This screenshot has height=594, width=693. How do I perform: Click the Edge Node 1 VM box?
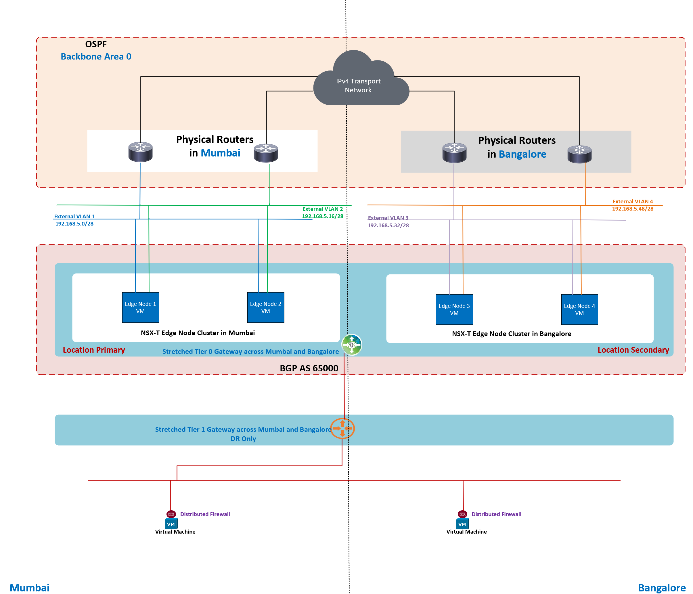coord(141,307)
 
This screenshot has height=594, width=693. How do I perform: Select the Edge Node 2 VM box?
coord(266,307)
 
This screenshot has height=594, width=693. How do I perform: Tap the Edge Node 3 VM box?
coord(454,309)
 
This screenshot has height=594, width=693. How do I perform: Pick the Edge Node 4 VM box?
coord(579,309)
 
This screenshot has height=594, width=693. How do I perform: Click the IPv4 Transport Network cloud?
coord(359,85)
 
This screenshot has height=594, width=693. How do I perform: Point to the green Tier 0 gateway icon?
coord(351,345)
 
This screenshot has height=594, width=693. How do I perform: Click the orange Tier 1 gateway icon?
coord(342,428)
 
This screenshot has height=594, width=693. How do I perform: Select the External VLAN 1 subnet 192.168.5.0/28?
coord(74,224)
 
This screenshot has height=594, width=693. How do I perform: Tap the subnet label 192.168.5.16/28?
coord(323,216)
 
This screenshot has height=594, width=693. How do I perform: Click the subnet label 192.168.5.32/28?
coord(388,225)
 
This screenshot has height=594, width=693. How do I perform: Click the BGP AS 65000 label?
coord(309,368)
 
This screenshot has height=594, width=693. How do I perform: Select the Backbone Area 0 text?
coord(96,57)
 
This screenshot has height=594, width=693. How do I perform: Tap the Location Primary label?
coord(94,350)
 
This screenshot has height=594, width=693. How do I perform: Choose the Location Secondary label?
coord(633,350)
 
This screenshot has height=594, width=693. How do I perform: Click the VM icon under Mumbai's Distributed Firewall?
coord(171,524)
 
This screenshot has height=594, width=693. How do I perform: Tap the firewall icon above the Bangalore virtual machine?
coord(462,514)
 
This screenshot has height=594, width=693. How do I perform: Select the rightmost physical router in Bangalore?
coord(579,154)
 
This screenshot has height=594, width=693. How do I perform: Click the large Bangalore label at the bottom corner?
coord(662,588)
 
